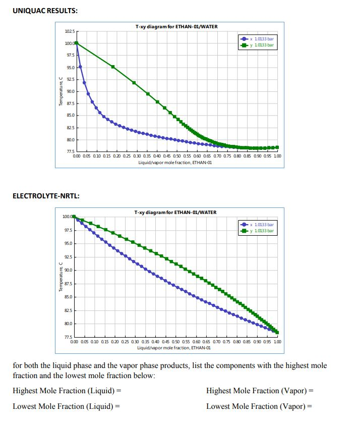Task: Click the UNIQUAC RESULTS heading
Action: point(44,11)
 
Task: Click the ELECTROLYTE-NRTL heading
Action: point(45,196)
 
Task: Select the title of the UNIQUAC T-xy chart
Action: point(176,26)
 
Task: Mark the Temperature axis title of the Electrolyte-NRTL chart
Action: point(61,278)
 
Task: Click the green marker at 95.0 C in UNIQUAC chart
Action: point(113,67)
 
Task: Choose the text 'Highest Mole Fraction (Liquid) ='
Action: point(67,391)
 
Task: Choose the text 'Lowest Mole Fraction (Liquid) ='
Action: point(66,406)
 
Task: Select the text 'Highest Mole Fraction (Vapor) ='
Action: point(260,391)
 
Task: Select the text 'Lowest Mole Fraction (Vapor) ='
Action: point(259,406)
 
